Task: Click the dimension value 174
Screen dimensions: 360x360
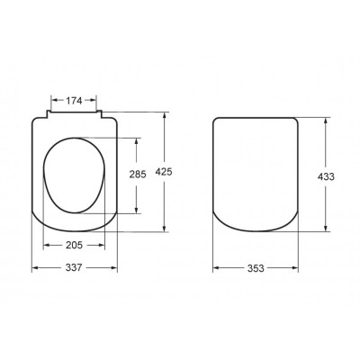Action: point(74,101)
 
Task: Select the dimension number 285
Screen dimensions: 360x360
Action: point(138,175)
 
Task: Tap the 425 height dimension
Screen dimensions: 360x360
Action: point(164,172)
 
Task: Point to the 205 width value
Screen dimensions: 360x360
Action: point(74,245)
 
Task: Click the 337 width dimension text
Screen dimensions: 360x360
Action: point(74,267)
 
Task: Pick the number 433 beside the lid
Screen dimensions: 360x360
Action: point(326,176)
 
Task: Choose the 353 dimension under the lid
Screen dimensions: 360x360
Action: point(256,268)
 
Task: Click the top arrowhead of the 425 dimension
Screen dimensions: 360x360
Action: point(164,115)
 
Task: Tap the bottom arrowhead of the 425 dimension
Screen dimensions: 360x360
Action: point(164,229)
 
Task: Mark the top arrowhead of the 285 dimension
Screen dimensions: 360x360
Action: point(137,141)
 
